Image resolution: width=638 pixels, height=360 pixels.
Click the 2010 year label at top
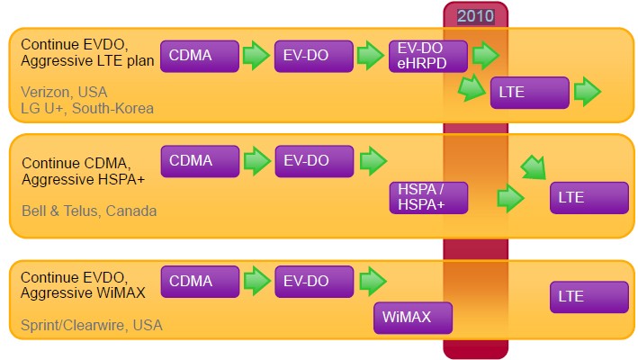[476, 15]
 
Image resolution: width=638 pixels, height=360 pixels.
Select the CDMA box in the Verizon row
[200, 56]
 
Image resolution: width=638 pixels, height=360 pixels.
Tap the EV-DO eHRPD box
[428, 56]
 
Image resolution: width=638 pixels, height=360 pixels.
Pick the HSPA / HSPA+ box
[428, 197]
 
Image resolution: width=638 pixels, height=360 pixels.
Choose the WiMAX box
[413, 318]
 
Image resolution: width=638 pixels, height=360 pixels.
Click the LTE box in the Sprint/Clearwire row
[589, 296]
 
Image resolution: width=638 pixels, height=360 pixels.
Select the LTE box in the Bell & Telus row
[589, 197]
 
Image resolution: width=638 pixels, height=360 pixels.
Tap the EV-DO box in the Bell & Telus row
[313, 161]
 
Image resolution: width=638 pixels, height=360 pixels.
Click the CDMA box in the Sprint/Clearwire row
[200, 281]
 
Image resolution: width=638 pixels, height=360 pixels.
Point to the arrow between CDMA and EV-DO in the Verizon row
[256, 56]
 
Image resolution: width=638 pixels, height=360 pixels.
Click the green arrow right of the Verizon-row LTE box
[588, 92]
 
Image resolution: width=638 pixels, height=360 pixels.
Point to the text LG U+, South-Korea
[87, 108]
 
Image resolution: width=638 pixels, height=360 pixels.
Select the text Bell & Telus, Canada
[89, 211]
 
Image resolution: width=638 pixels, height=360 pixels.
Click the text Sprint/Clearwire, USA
[92, 324]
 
